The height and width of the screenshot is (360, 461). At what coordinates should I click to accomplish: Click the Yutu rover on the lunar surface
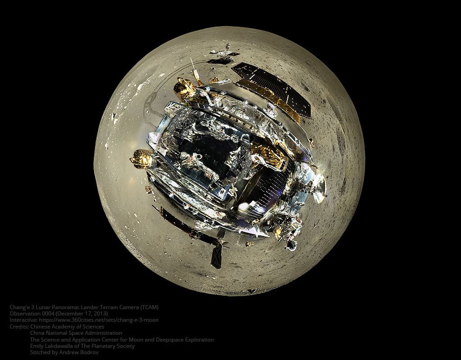tap(224, 53)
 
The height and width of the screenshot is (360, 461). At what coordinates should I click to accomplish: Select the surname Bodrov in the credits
tap(87, 352)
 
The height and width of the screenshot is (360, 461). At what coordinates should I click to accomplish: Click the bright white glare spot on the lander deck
tap(244, 206)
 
